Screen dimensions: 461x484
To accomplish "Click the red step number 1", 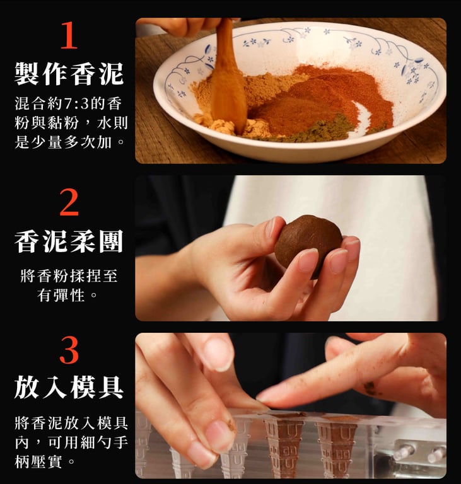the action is [69, 35].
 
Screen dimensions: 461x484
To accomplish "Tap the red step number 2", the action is [69, 202].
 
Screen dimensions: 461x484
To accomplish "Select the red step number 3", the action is [69, 350].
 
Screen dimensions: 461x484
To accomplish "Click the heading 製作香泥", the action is [69, 74].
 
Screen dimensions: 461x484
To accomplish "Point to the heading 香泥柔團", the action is [69, 241].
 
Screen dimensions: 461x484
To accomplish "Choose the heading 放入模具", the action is [69, 387].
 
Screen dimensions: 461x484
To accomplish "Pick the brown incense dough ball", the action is [308, 244].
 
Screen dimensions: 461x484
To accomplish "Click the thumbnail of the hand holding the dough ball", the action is [291, 248].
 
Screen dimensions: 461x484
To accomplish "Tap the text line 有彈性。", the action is [67, 295].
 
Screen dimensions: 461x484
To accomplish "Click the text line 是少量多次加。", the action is [70, 142].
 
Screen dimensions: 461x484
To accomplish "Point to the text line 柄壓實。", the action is [45, 462].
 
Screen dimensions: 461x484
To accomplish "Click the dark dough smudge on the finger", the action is [371, 389].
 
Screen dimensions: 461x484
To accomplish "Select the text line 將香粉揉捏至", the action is [69, 275].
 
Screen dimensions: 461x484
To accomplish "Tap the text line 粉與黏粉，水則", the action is [71, 123].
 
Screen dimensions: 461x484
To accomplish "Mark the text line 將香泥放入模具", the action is [71, 423].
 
